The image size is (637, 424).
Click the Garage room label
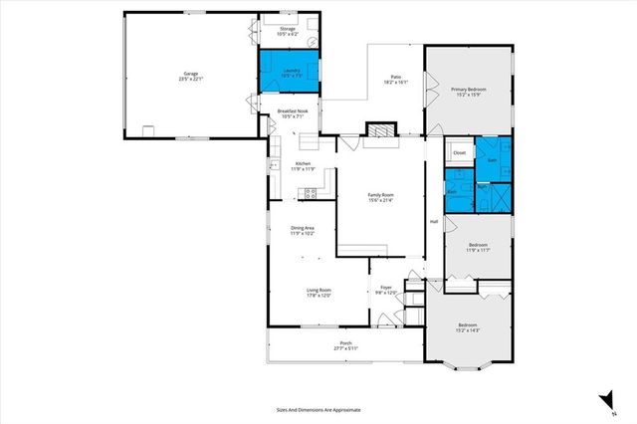click(x=190, y=76)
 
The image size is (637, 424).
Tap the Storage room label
click(x=288, y=32)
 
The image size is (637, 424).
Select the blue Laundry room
click(x=291, y=71)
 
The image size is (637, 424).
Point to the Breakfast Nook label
click(x=292, y=113)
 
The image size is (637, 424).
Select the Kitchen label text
click(x=303, y=166)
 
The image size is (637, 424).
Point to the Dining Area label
click(x=303, y=231)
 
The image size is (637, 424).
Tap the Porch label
click(x=344, y=344)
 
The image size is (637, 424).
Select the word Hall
click(x=434, y=221)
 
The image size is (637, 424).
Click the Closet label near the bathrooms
click(x=460, y=152)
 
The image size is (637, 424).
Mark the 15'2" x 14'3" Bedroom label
click(x=468, y=327)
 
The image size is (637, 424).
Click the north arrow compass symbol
click(x=602, y=401)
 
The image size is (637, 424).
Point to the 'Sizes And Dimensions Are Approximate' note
click(x=318, y=409)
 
